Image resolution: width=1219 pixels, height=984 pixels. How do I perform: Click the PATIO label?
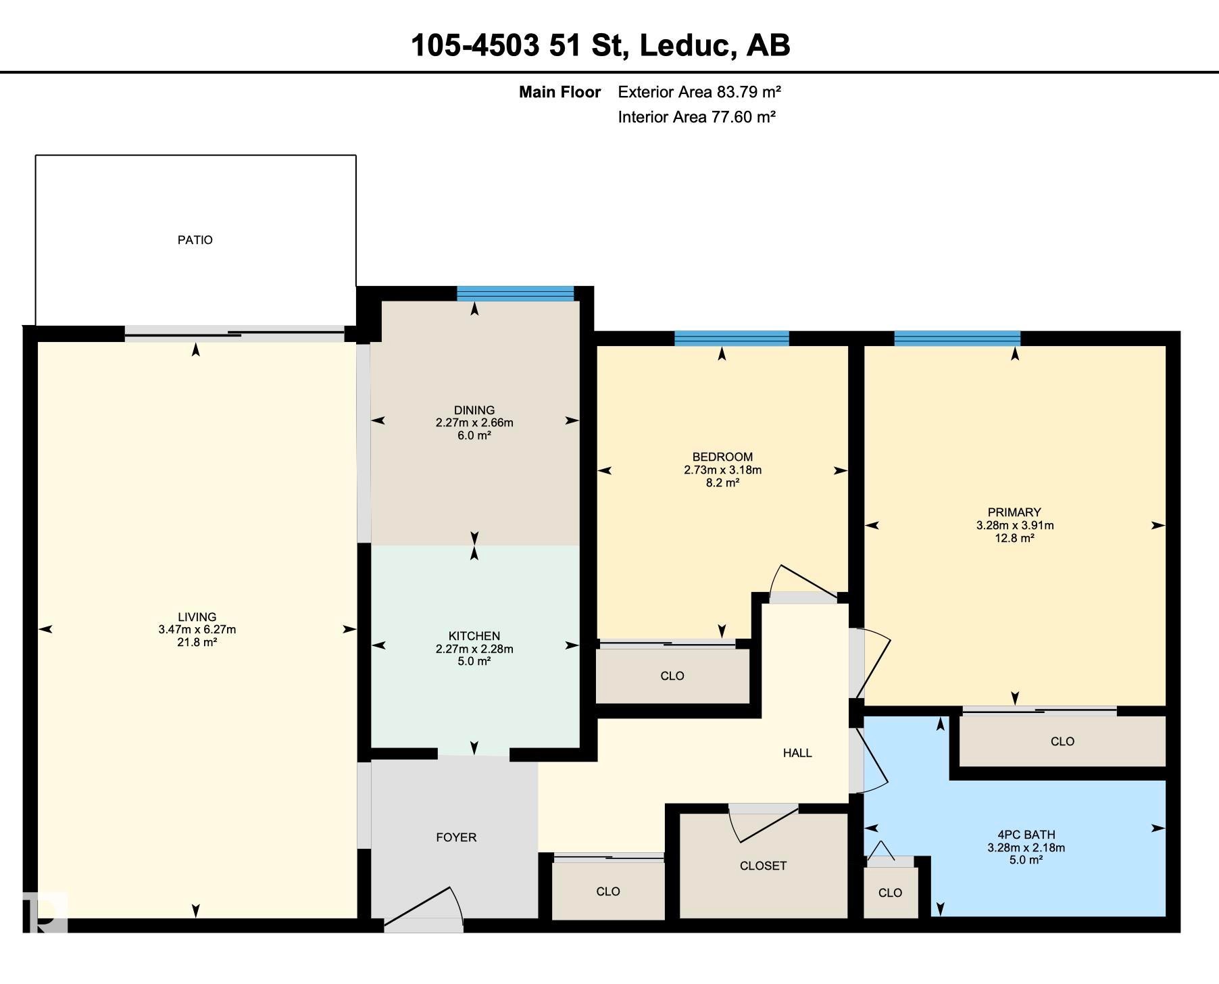point(195,240)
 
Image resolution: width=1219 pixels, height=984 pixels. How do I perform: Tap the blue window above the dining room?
point(515,293)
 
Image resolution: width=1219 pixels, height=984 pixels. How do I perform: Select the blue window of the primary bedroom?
point(957,338)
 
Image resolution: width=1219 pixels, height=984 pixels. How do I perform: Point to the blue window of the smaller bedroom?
point(732,338)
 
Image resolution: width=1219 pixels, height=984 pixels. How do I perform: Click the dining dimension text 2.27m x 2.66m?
point(474,423)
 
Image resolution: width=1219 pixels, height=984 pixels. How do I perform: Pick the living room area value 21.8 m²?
point(197,642)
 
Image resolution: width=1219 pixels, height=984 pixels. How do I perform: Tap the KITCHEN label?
point(474,636)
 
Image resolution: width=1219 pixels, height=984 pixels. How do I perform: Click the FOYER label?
point(456,837)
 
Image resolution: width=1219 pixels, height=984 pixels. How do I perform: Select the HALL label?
point(797,753)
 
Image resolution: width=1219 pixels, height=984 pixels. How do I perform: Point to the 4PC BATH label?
point(1026,835)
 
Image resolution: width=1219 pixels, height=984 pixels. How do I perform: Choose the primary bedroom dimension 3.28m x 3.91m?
point(1015,525)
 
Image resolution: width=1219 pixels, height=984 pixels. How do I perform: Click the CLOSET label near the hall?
point(763,866)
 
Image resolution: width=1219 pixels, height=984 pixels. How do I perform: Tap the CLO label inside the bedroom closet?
point(672,676)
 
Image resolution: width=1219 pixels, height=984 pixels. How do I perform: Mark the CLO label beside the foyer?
point(608,891)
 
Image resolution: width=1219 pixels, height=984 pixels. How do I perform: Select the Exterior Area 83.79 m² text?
point(699,92)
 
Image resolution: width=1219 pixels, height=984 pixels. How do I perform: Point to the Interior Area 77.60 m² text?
point(697,117)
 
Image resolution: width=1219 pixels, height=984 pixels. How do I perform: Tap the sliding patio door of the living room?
point(234,334)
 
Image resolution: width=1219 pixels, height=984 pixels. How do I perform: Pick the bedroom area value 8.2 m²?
point(722,483)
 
